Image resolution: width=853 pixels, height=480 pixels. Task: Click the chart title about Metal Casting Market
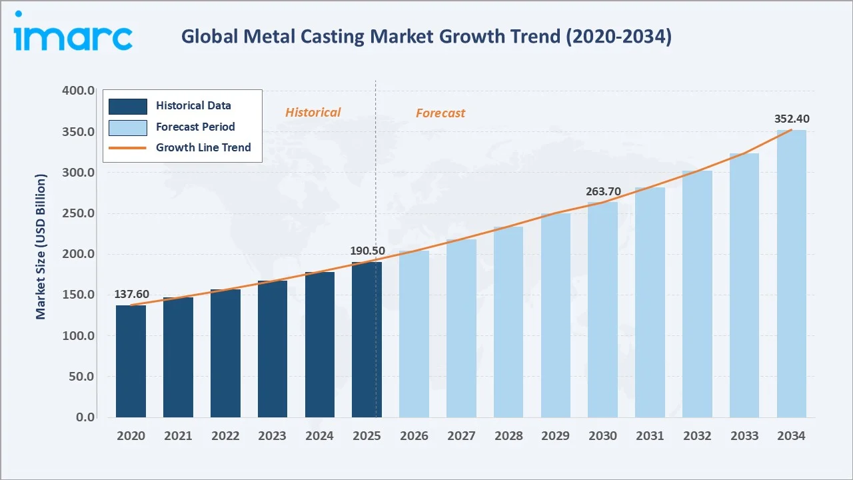click(x=426, y=37)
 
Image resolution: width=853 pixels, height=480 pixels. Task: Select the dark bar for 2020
click(x=131, y=361)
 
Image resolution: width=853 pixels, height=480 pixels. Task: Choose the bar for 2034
click(x=791, y=274)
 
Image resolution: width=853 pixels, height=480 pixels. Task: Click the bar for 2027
click(x=461, y=328)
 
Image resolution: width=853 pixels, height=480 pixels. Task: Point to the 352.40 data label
click(x=792, y=119)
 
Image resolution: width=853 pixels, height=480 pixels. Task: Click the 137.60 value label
click(x=131, y=294)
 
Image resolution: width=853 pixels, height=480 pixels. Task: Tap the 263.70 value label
click(x=603, y=191)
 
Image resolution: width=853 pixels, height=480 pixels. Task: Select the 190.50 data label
click(x=367, y=251)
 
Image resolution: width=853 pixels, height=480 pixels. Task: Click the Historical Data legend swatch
click(x=127, y=106)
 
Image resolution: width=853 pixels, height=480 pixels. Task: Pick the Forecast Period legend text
click(x=195, y=127)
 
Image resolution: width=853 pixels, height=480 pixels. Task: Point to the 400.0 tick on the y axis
click(x=78, y=91)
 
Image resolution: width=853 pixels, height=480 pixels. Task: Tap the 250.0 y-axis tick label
click(x=78, y=213)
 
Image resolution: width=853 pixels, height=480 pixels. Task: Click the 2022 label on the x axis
click(x=225, y=436)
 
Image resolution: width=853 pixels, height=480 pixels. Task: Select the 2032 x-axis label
click(x=697, y=436)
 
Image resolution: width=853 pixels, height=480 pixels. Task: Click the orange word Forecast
click(x=440, y=113)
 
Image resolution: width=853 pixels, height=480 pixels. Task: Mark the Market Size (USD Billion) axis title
click(x=41, y=247)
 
